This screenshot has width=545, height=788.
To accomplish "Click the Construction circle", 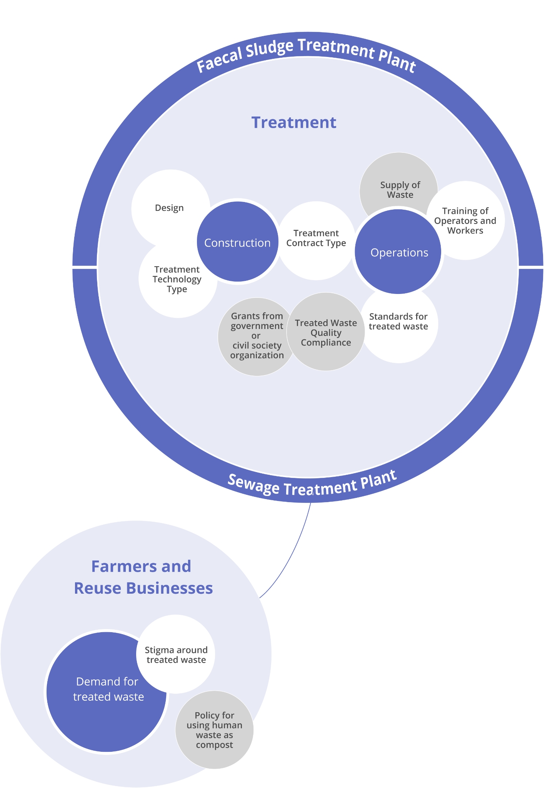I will [237, 243].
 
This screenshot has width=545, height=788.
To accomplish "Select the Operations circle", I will [399, 252].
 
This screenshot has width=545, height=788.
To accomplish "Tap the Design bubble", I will [169, 208].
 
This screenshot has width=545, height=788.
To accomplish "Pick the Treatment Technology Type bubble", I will [177, 279].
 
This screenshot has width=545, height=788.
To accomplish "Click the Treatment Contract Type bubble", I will [316, 238].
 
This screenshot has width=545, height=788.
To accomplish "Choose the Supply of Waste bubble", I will [400, 189].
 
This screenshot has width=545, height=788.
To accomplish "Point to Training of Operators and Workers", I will [465, 220].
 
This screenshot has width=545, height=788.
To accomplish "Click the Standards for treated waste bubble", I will [398, 322].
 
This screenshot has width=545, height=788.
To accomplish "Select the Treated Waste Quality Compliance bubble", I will [326, 332].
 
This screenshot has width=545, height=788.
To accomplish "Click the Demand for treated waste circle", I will [108, 689].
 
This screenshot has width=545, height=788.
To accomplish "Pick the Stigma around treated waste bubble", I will [176, 655].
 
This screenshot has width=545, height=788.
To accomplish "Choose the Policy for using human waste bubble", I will [214, 730].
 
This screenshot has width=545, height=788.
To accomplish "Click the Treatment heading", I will [294, 122].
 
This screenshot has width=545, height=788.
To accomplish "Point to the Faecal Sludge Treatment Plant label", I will [306, 54].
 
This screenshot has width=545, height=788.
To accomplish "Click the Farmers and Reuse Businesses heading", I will [142, 577].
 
